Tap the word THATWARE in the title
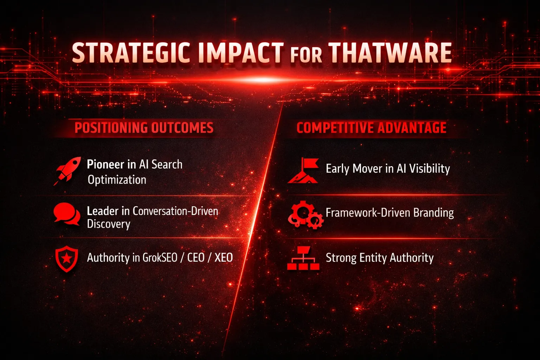pos(390,53)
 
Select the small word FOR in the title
pos(306,55)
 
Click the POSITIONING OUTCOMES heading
pos(144,128)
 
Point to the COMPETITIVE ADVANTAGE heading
pos(371,128)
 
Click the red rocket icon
pos(67,171)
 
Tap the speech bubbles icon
pos(67,214)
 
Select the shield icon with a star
pos(67,259)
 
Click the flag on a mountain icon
pos(303,171)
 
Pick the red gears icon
pos(306,214)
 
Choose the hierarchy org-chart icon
pos(303,258)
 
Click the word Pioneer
pos(105,165)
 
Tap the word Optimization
pos(117,180)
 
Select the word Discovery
pos(109,224)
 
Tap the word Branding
pos(433,213)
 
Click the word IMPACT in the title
pos(240,53)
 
